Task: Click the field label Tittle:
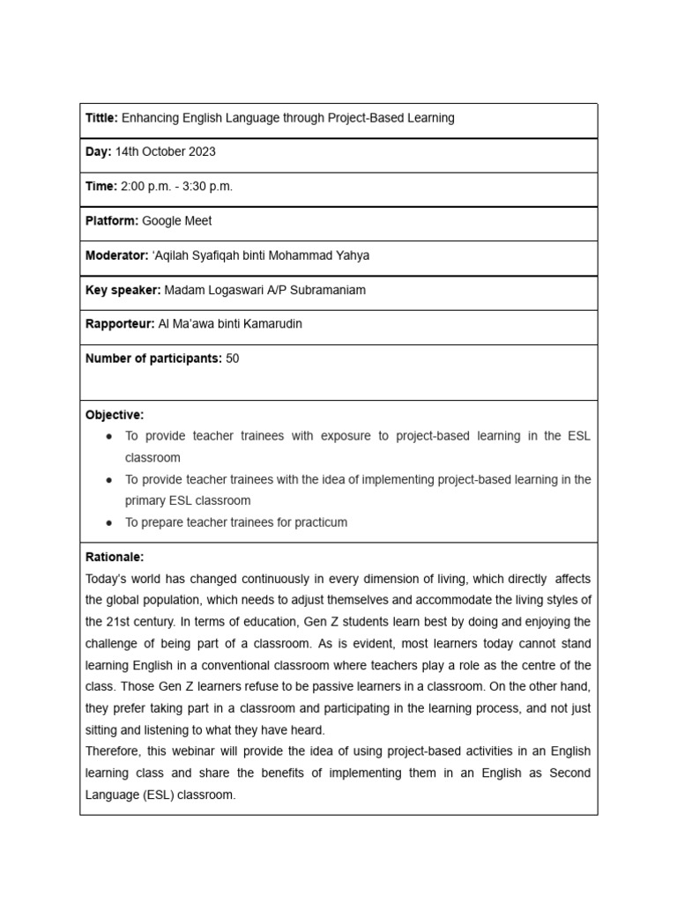click(x=101, y=118)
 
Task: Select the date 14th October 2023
click(x=165, y=152)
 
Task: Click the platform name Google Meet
click(x=176, y=221)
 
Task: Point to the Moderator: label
click(x=116, y=255)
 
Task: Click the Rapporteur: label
click(x=119, y=324)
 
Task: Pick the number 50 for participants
click(x=233, y=359)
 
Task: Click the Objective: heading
click(x=115, y=415)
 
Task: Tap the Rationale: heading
click(x=115, y=558)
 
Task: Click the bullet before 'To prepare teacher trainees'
click(x=108, y=522)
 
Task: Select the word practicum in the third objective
click(x=319, y=522)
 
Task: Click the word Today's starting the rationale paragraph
click(x=107, y=579)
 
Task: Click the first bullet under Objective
click(x=108, y=437)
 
